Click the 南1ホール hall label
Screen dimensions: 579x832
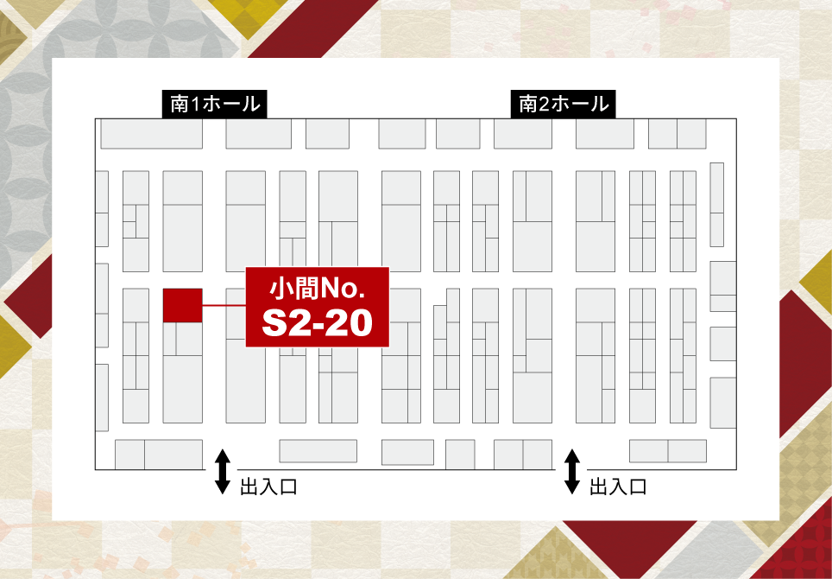click(x=215, y=105)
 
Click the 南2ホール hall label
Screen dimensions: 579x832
click(x=564, y=105)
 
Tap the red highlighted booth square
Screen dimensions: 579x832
click(x=182, y=305)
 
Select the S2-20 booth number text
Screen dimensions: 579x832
click(x=318, y=322)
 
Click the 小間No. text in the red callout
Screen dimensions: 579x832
click(x=318, y=286)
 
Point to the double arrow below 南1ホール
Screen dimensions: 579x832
click(x=222, y=471)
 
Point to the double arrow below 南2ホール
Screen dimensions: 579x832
click(x=571, y=471)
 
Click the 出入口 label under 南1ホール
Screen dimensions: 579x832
click(x=268, y=487)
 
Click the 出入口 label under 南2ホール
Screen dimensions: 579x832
click(x=618, y=487)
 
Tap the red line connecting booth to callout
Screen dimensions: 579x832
click(x=224, y=306)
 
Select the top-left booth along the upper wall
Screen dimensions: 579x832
click(x=151, y=134)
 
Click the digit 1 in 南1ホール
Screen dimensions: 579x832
click(x=196, y=105)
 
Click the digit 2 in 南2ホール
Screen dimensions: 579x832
click(x=545, y=105)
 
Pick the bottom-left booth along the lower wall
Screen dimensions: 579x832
click(x=129, y=453)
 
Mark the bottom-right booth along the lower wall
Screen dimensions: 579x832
click(x=687, y=451)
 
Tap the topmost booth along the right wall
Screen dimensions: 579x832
click(x=715, y=204)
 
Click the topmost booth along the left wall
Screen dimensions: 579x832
click(x=102, y=207)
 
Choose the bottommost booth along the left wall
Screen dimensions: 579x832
click(x=102, y=397)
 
